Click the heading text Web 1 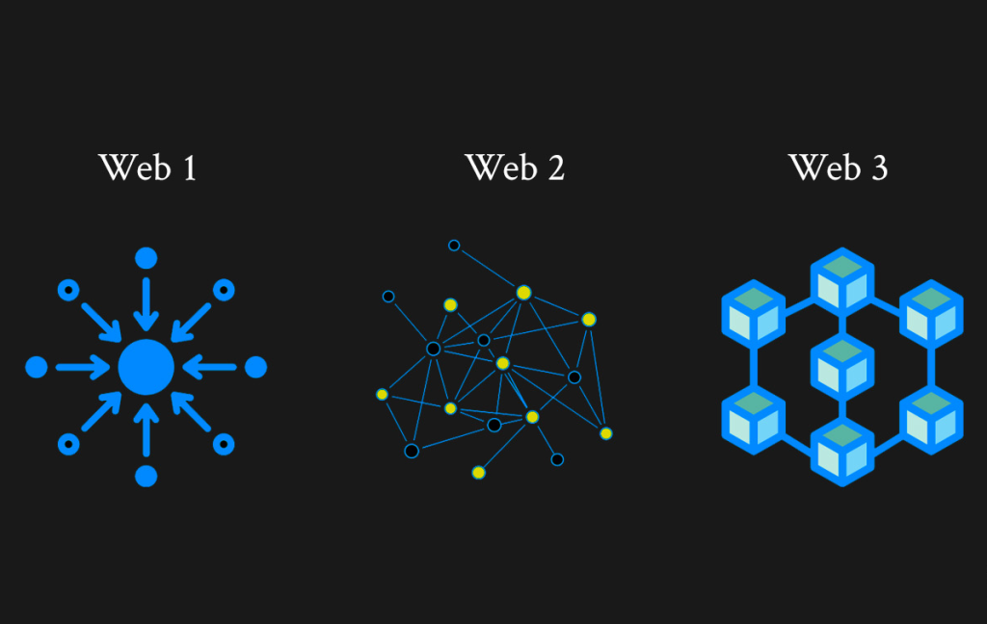(147, 168)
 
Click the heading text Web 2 (515, 168)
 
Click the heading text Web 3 (838, 168)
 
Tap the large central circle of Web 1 (147, 367)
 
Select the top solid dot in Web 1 (147, 258)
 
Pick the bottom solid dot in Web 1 (147, 476)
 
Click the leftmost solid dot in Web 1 (37, 367)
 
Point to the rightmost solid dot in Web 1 (255, 367)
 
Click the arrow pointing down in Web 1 (147, 304)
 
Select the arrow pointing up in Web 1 (147, 429)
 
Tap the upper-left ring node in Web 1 (68, 290)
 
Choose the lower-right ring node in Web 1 (224, 444)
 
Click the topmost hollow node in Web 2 (454, 246)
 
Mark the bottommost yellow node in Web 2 (478, 473)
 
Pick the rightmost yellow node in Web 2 (606, 433)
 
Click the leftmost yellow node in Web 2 (382, 395)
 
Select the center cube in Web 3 (842, 367)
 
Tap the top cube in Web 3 (842, 282)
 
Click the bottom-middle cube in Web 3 (842, 452)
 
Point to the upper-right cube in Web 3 (932, 314)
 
